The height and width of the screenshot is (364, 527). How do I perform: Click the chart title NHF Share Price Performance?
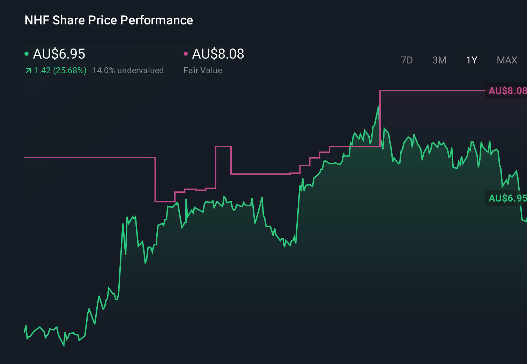pos(109,20)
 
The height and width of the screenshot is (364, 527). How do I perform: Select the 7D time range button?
pos(407,60)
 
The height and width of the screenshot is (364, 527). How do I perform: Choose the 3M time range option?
pos(439,60)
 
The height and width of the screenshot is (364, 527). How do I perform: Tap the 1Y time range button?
pos(472,60)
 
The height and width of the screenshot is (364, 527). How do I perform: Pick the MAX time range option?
pos(507,60)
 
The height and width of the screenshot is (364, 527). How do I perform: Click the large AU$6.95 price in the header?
pos(59,54)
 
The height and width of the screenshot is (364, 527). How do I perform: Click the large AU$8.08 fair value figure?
pos(218,54)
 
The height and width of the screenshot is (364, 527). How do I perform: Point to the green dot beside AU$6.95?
pos(27,54)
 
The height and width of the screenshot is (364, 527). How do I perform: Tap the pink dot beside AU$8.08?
pos(186,54)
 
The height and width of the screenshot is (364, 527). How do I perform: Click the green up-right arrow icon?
pos(28,71)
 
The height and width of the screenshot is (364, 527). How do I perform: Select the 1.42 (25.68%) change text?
pos(60,70)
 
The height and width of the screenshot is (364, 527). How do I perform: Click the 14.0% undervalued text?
pos(128,70)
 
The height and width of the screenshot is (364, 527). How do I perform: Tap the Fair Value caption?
pos(203,70)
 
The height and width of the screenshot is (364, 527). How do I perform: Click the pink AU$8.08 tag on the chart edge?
pos(507,91)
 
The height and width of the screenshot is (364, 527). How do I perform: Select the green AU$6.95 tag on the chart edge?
pos(507,198)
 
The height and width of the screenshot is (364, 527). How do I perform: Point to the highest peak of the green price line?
pos(379,106)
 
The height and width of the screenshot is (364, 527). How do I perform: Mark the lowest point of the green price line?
pos(64,346)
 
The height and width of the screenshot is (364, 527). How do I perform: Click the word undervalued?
pos(140,70)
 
